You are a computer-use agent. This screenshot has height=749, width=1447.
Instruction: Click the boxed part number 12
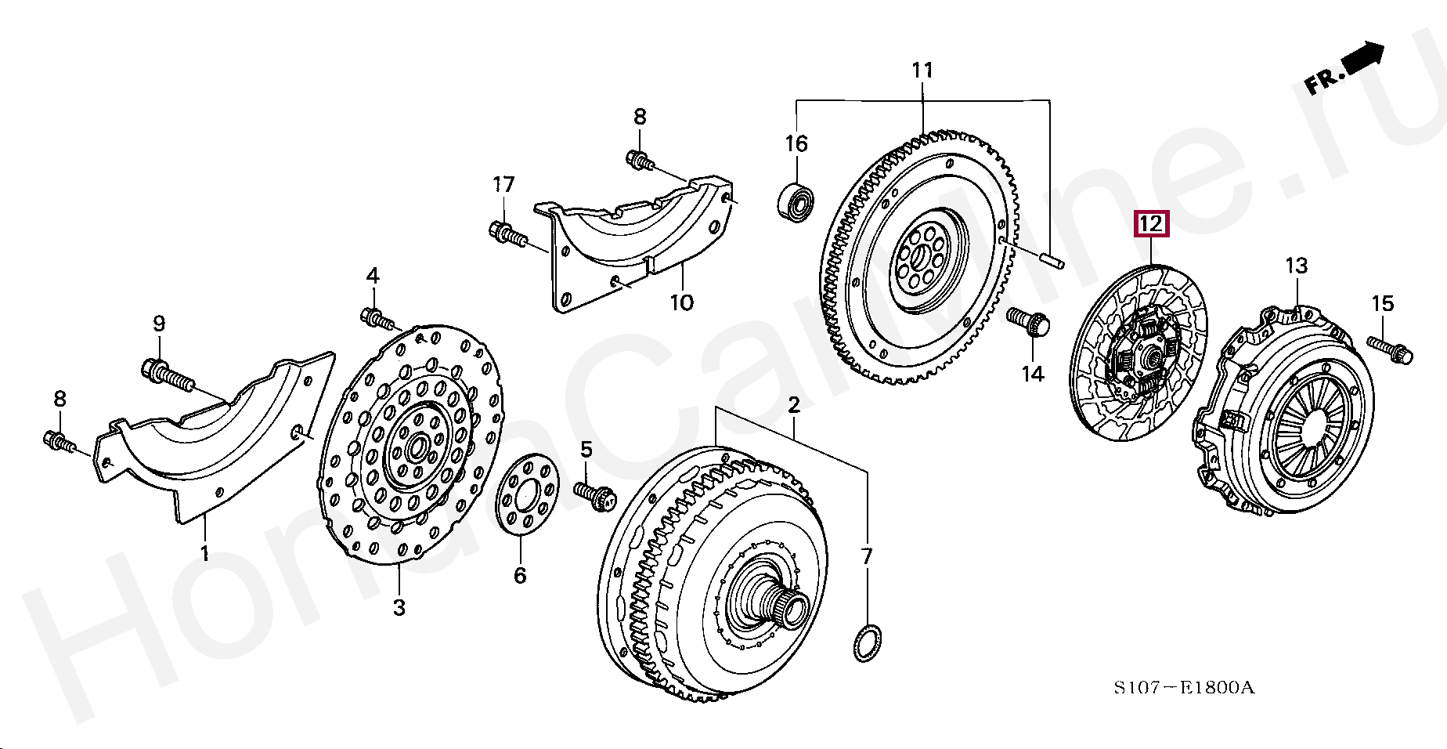click(1152, 225)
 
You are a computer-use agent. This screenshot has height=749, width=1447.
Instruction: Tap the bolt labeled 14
click(1026, 322)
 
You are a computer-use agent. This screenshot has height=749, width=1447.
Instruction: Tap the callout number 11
click(922, 71)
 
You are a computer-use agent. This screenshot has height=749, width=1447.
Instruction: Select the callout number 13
click(1297, 266)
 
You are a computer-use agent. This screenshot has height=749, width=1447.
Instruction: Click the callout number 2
click(793, 405)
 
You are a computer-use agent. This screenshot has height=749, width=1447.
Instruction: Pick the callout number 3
click(399, 607)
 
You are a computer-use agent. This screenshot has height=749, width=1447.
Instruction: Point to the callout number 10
click(681, 302)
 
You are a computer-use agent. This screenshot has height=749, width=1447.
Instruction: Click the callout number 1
click(204, 554)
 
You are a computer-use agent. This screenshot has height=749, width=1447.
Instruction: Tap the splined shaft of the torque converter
click(791, 607)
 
